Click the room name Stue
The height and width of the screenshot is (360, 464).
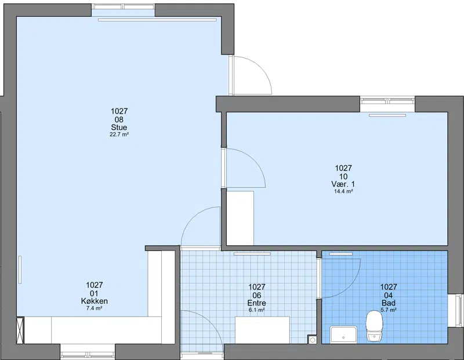point(119,128)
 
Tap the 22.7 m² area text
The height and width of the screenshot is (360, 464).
point(119,134)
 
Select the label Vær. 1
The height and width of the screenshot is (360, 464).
point(343,184)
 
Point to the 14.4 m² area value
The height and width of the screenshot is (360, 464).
point(343,191)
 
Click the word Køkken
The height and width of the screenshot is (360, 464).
point(95,301)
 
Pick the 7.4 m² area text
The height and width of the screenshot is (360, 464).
point(95,308)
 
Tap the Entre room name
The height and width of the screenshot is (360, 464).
point(256,303)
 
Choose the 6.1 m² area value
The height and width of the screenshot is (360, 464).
point(256,310)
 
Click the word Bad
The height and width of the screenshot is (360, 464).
point(389,303)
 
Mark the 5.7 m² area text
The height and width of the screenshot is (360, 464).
point(389,310)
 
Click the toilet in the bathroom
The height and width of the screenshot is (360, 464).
point(374,326)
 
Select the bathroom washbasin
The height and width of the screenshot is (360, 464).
point(343,334)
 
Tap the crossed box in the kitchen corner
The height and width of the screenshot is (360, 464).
point(20,330)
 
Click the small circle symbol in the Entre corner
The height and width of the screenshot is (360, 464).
point(312,340)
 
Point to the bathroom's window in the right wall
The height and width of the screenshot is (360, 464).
point(456,311)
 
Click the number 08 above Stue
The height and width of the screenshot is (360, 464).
point(119,119)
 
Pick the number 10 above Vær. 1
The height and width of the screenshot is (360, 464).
point(343,177)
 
